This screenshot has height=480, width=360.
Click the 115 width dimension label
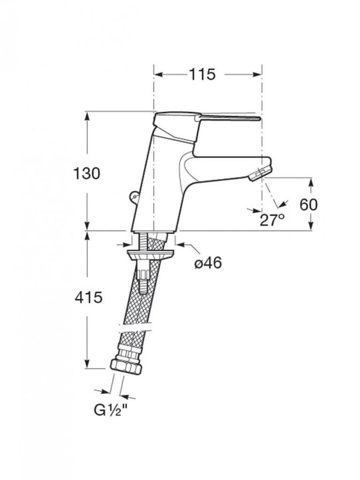click(x=202, y=74)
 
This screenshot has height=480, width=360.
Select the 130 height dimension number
click(x=87, y=173)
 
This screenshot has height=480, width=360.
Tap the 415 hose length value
click(x=89, y=298)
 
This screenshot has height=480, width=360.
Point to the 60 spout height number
click(x=308, y=204)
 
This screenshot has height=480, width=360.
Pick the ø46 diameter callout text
click(x=208, y=262)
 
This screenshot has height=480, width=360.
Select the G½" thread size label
click(x=110, y=410)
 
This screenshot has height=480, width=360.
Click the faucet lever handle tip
click(x=259, y=118)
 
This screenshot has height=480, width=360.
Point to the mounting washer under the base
click(x=150, y=255)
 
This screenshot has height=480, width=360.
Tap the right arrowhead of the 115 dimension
click(x=257, y=74)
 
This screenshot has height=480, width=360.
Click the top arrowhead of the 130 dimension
click(x=87, y=116)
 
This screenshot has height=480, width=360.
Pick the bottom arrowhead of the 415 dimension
click(x=88, y=364)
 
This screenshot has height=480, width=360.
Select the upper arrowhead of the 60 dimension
click(x=311, y=182)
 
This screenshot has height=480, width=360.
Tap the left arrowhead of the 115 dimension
click(x=158, y=74)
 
